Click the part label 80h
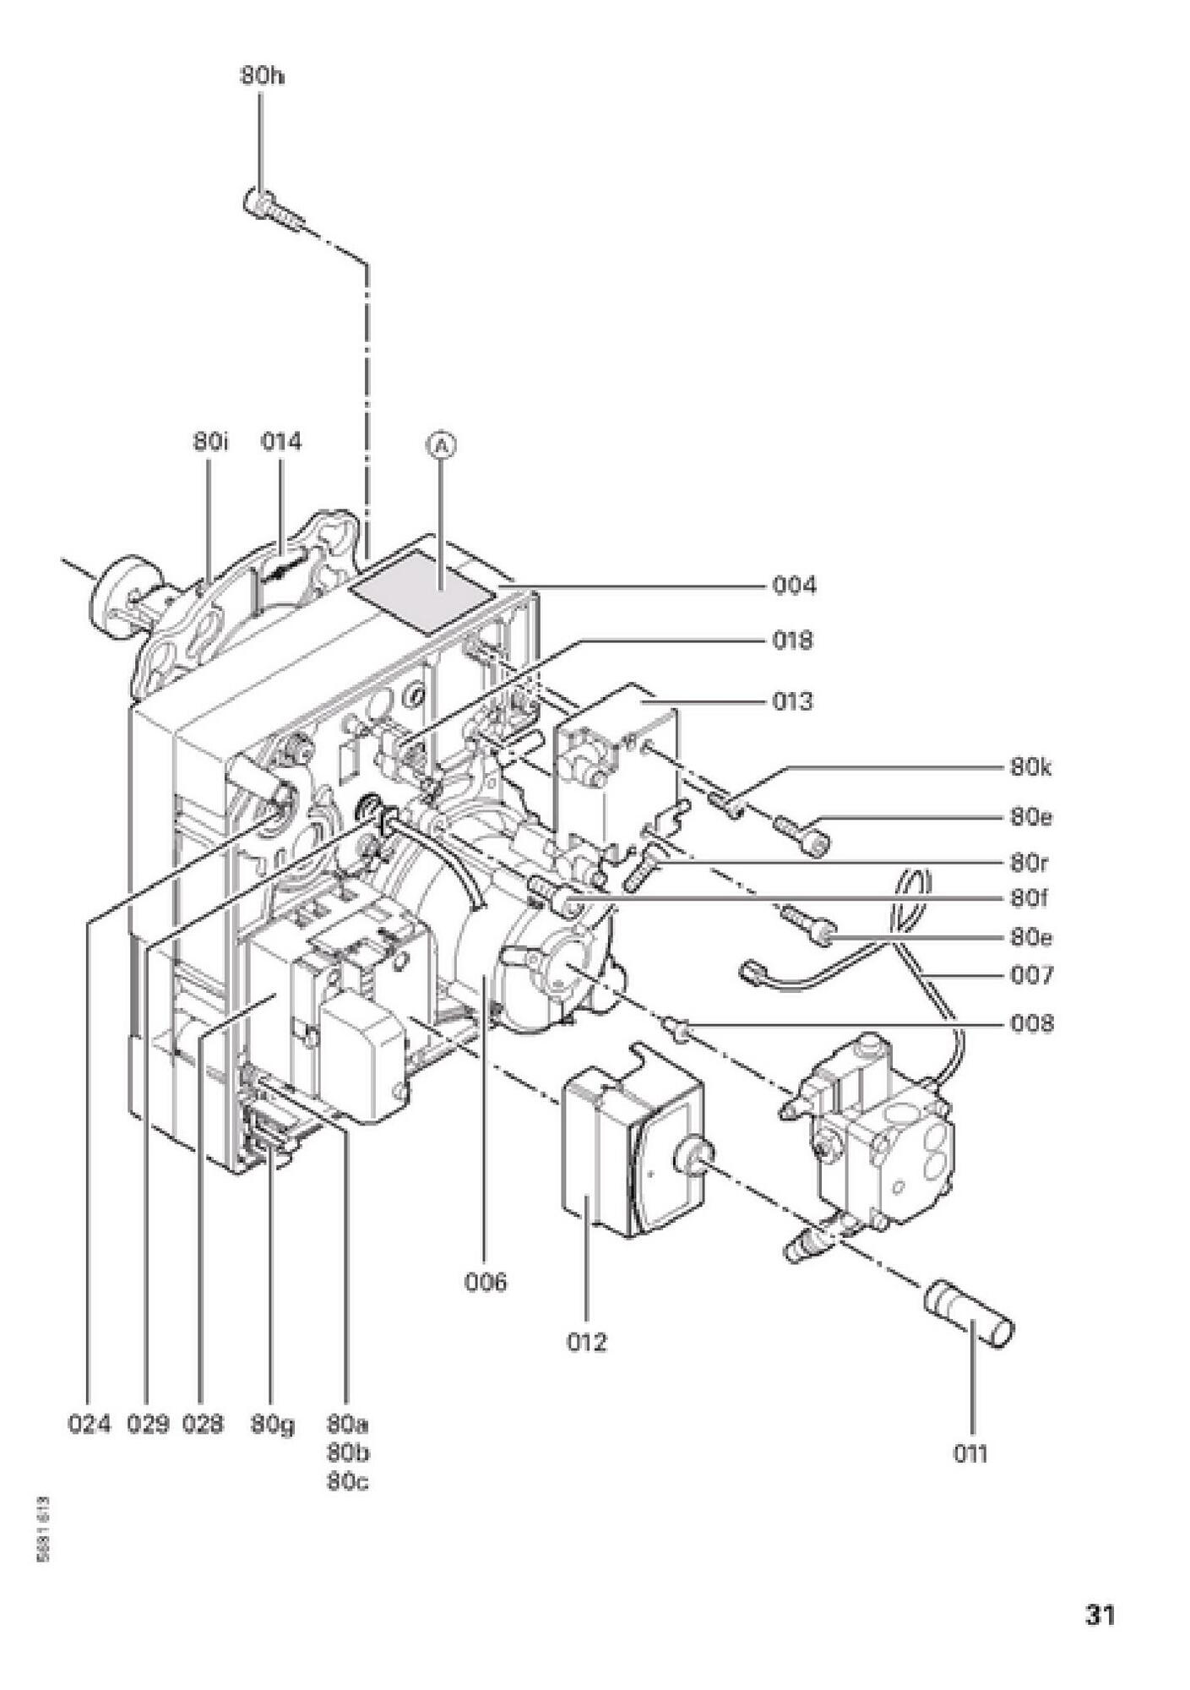point(262,76)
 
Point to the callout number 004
point(795,585)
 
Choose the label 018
point(793,641)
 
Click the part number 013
point(793,701)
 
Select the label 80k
point(1031,768)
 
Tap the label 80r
point(1029,864)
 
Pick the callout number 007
point(1032,976)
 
